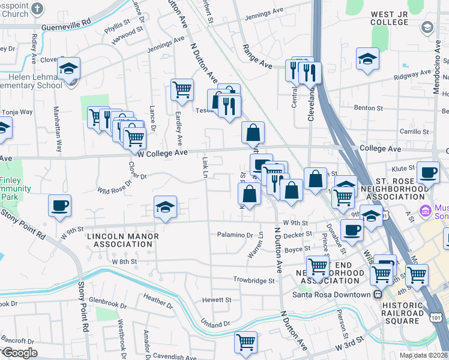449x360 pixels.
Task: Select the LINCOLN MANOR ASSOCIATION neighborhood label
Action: point(123,240)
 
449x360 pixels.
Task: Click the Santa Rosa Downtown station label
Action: point(331,295)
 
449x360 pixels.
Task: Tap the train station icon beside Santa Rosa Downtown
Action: point(378,295)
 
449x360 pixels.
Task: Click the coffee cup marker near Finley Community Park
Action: point(60,206)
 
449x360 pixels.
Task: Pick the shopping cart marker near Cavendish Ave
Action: point(246,343)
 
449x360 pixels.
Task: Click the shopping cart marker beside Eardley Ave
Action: point(182,90)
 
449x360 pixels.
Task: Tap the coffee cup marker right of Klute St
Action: point(428,172)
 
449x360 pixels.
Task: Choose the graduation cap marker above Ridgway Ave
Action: point(367,59)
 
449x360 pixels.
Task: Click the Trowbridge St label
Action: point(254,280)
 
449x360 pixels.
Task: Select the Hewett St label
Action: point(217,299)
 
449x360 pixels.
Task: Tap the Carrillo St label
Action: point(415,131)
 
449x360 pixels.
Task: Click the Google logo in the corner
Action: point(20,353)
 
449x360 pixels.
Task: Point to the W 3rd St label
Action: point(350,346)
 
